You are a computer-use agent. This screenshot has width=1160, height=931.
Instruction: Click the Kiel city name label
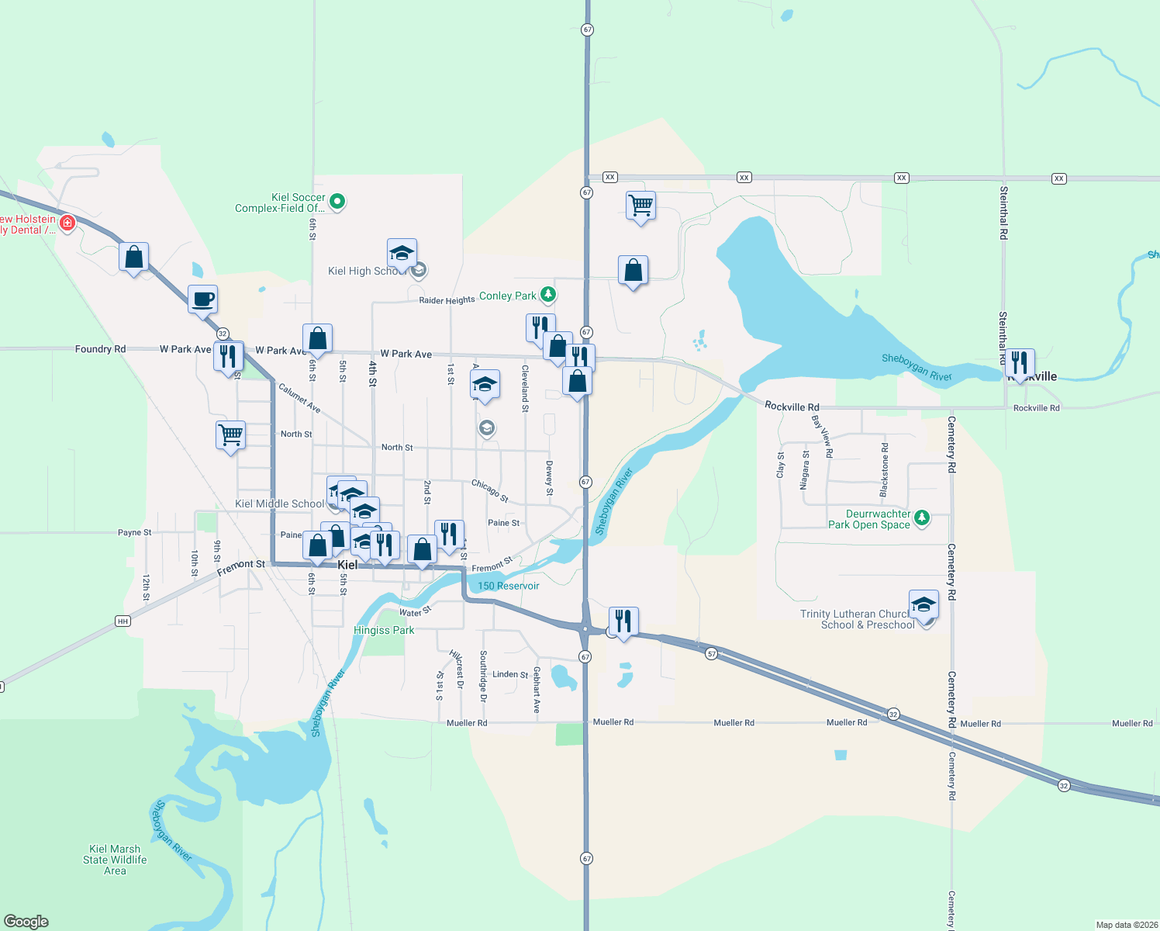click(x=347, y=565)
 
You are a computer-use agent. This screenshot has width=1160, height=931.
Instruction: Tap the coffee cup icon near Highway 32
click(x=202, y=299)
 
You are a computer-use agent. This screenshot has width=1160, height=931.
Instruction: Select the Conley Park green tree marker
click(x=548, y=294)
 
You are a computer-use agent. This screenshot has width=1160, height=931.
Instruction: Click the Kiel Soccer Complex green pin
click(x=337, y=202)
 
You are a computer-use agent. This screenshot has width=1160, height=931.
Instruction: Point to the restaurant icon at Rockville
click(x=1019, y=362)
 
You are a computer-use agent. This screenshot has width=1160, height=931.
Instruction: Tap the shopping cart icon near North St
click(x=230, y=434)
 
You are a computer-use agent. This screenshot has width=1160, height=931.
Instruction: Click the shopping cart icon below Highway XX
click(x=640, y=206)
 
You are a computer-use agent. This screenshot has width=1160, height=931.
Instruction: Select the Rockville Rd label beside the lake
click(x=792, y=407)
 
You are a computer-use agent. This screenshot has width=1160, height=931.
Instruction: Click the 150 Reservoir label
click(x=508, y=586)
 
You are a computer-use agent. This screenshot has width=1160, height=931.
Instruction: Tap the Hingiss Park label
click(x=384, y=630)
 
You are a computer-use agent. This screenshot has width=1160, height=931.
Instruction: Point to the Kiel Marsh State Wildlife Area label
click(x=115, y=860)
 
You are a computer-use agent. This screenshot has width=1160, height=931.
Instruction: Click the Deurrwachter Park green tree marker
click(x=921, y=517)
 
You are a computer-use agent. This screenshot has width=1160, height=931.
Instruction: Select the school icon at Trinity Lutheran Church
click(x=924, y=604)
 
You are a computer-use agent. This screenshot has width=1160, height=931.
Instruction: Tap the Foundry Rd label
click(x=100, y=349)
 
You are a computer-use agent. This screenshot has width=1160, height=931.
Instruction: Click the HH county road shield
click(x=123, y=621)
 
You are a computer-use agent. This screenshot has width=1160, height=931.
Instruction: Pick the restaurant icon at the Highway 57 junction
click(x=623, y=621)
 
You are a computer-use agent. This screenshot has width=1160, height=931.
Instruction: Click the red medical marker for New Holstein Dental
click(x=67, y=223)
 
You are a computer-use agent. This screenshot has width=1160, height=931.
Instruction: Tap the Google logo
click(x=26, y=921)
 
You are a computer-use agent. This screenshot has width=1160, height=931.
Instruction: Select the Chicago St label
click(x=490, y=490)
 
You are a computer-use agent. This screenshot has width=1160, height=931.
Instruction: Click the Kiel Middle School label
click(x=279, y=504)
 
